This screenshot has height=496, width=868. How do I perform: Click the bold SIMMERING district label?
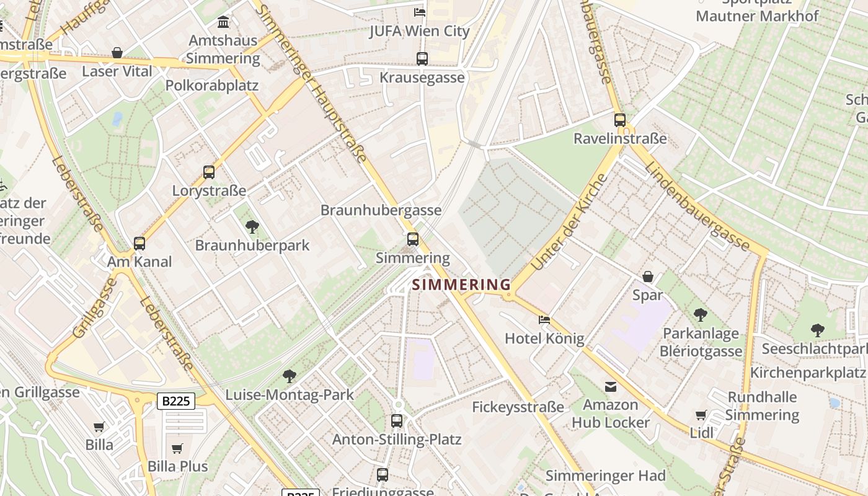461,285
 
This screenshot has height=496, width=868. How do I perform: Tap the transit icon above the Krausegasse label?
422,59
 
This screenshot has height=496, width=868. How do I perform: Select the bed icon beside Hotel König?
544,320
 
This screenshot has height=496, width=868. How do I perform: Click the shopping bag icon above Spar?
648,277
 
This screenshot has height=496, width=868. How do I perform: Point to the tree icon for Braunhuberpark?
252,227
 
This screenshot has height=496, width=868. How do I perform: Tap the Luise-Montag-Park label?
290,394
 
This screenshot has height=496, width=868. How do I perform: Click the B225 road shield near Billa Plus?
177,401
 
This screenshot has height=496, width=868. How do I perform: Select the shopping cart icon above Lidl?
701,415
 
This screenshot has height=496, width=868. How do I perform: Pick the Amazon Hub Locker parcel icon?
611,387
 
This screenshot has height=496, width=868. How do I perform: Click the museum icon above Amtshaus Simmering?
223,23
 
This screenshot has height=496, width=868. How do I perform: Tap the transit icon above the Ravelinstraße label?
620,120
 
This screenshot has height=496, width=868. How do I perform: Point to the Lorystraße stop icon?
209,172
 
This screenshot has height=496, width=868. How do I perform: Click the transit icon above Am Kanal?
139,244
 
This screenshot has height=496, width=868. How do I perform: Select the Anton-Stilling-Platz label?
397,440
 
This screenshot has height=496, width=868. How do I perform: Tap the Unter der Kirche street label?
569,223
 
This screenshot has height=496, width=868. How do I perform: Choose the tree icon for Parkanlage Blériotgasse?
701,315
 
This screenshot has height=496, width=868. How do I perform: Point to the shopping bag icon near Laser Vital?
117,53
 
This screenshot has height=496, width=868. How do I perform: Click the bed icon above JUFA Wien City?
420,12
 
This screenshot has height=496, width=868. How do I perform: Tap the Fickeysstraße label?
518,407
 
